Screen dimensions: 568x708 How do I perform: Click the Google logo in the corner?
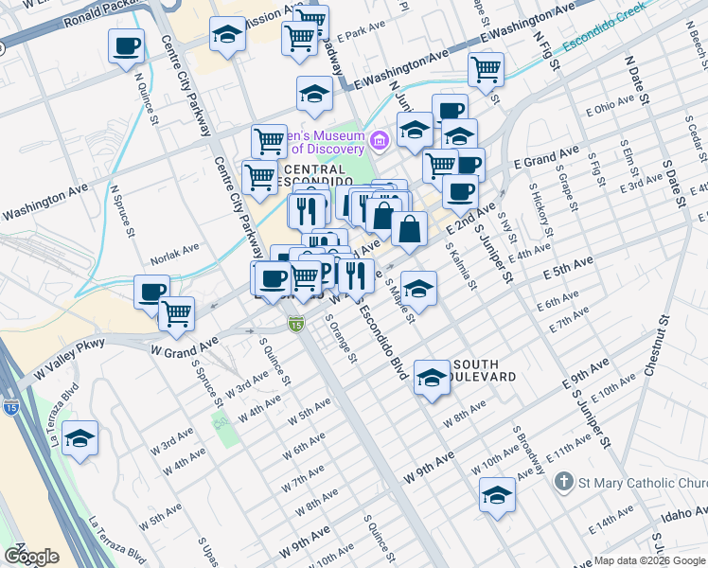pyautogui.click(x=31, y=557)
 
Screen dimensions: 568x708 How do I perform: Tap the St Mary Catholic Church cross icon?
pyautogui.click(x=564, y=482)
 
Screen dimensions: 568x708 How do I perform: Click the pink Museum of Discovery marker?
pyautogui.click(x=380, y=142)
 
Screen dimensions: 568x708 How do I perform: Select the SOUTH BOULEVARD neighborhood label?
pyautogui.click(x=486, y=370)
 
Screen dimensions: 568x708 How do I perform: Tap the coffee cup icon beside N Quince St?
pyautogui.click(x=126, y=45)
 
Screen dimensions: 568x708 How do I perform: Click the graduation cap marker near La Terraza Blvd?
pyautogui.click(x=80, y=438)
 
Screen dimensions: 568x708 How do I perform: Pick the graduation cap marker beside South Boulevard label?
pyautogui.click(x=432, y=378)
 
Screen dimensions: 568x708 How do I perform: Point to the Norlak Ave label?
pyautogui.click(x=175, y=257)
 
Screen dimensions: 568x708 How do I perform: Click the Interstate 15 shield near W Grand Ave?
pyautogui.click(x=295, y=324)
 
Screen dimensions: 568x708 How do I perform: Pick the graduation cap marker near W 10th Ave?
pyautogui.click(x=497, y=495)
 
